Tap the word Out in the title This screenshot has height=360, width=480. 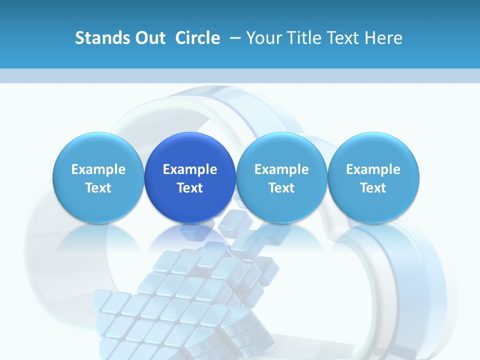[x=148, y=38]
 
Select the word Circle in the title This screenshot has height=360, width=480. [x=197, y=38]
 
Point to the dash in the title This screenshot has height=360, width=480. [x=233, y=38]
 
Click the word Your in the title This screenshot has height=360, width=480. [x=263, y=38]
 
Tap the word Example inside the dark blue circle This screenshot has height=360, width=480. [x=190, y=169]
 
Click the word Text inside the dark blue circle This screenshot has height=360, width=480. [x=190, y=188]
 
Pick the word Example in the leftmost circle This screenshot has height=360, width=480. [x=98, y=169]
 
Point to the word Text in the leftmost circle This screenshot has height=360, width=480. [x=98, y=188]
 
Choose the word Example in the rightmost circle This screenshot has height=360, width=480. [x=373, y=169]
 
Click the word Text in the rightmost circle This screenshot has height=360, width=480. [x=373, y=188]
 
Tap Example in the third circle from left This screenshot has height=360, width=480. [x=281, y=169]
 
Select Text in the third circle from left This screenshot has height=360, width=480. [x=281, y=188]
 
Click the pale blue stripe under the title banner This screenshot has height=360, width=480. [x=240, y=75]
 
